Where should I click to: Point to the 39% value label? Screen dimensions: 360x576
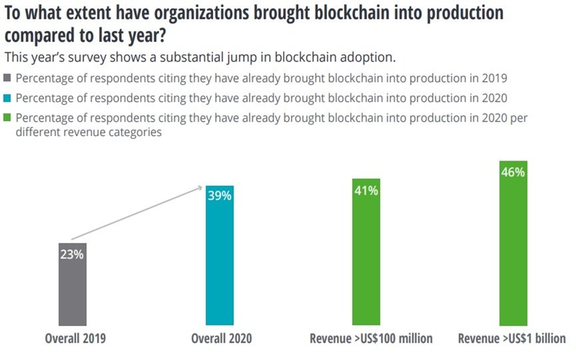pyautogui.click(x=220, y=196)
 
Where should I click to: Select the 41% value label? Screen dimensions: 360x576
pyautogui.click(x=366, y=189)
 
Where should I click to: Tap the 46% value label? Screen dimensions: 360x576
pyautogui.click(x=513, y=173)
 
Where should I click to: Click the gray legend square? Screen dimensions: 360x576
pyautogui.click(x=8, y=78)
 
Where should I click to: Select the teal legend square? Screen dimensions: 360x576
pyautogui.click(x=8, y=99)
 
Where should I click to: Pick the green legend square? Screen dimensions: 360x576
pyautogui.click(x=8, y=119)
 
